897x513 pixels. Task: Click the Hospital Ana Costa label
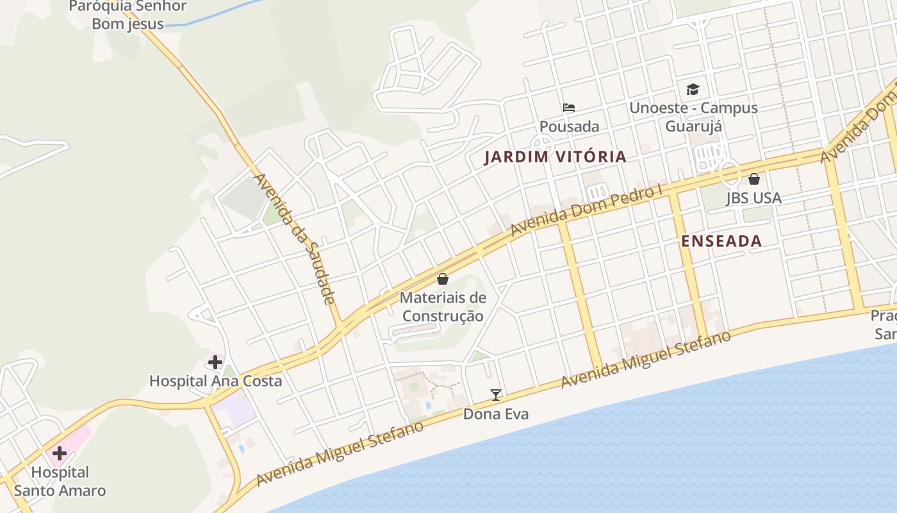point(215,381)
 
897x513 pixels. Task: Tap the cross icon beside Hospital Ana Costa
point(215,362)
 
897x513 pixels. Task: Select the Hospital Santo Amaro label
point(60,482)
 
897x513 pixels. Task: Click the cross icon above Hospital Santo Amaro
point(60,454)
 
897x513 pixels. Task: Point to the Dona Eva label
point(496,414)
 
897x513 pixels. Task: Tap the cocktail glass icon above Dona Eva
point(496,395)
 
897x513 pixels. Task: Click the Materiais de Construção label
point(443,307)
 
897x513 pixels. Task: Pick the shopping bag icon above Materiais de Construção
point(443,279)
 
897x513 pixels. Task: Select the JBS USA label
point(753,198)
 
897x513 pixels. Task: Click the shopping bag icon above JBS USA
point(754,179)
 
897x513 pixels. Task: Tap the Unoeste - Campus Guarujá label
point(693,117)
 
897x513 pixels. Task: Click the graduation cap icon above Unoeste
point(693,89)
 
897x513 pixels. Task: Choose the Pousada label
point(569,126)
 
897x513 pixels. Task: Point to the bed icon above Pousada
point(569,108)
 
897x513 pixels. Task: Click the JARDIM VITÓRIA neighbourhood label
point(555,157)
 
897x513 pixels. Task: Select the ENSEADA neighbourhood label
point(721,242)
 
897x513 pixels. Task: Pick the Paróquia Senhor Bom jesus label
point(128,15)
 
